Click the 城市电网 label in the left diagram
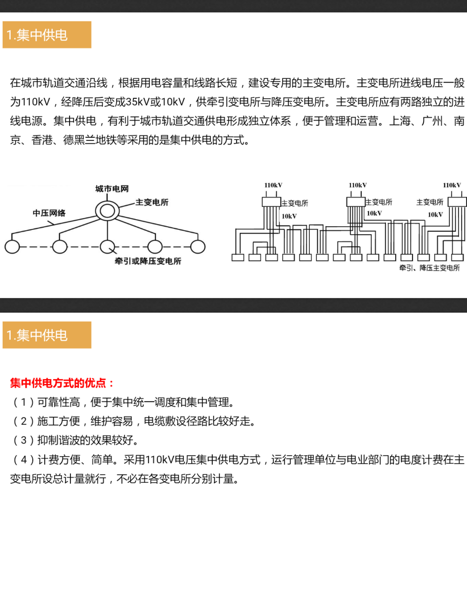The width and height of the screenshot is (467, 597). pos(112,189)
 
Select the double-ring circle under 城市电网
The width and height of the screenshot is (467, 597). pos(107,211)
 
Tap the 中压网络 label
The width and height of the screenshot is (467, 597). pos(49,213)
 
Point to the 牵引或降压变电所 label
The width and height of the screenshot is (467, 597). pos(148,261)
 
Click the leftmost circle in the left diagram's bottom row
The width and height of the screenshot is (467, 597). pos(12,246)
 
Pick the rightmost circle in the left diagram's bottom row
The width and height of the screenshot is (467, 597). pos(198,246)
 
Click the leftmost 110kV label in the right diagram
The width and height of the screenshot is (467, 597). pos(273,185)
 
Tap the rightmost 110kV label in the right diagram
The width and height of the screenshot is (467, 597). pos(452,185)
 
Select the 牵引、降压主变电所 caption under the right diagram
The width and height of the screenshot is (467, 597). pos(429,268)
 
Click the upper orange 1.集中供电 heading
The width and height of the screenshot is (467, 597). pos(47,35)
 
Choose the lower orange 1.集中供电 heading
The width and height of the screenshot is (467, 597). pos(47,335)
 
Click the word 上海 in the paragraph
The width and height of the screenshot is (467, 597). pos(400,121)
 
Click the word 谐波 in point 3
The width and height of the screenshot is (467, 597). pos(70,441)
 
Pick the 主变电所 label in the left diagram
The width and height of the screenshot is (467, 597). pos(152,202)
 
